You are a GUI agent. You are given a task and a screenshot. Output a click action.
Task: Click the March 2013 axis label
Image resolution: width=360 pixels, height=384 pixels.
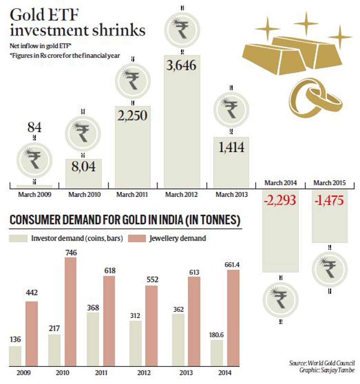(231, 194)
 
